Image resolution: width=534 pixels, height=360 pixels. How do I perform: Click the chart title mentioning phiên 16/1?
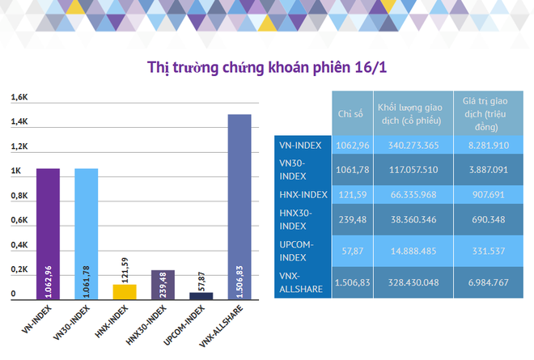(267, 66)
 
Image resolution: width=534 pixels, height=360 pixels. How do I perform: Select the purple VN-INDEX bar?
(48, 235)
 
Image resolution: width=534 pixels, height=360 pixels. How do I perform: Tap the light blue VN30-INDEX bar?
(87, 235)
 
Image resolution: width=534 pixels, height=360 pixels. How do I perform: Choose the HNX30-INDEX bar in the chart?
(163, 285)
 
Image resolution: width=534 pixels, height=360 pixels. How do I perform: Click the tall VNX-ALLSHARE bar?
(239, 207)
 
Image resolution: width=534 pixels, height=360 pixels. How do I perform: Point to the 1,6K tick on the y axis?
(19, 98)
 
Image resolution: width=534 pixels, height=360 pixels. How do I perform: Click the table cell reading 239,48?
(350, 218)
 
